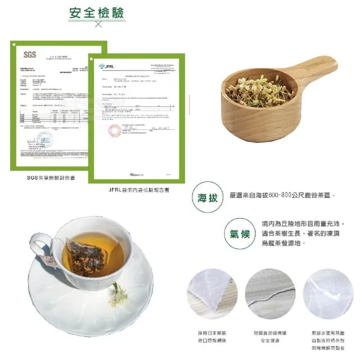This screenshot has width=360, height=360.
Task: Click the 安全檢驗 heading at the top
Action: (x=97, y=13)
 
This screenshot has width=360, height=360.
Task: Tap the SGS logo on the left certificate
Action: (x=29, y=55)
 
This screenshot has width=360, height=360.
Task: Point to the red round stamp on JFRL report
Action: (x=115, y=130)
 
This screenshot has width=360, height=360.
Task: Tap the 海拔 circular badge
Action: (x=206, y=197)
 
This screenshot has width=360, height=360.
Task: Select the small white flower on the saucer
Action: (x=118, y=295)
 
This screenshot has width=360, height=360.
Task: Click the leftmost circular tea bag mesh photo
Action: (x=212, y=294)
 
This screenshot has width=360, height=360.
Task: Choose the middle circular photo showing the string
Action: (x=270, y=294)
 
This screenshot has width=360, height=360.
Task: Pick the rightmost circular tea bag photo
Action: (x=328, y=294)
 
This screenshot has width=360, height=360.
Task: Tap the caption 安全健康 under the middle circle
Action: (x=270, y=341)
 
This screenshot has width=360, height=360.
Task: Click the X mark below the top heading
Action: (x=98, y=24)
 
